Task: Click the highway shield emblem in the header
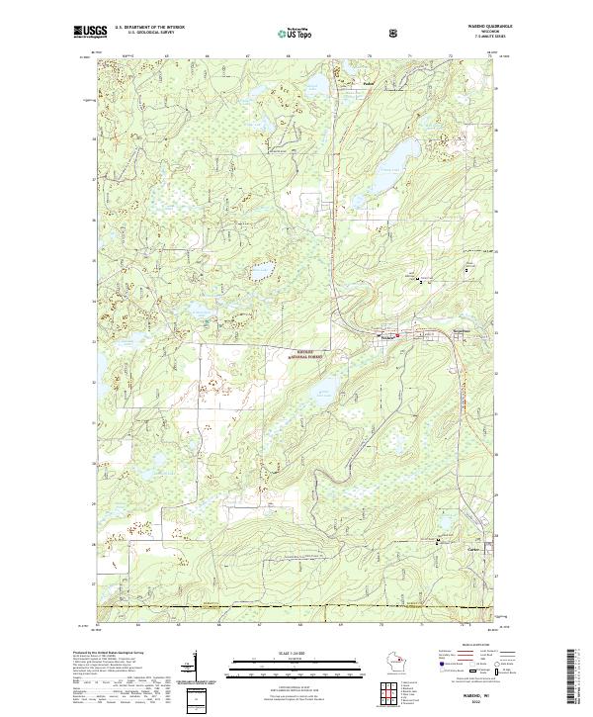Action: [x=339, y=32]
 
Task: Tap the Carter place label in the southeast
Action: [x=471, y=548]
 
